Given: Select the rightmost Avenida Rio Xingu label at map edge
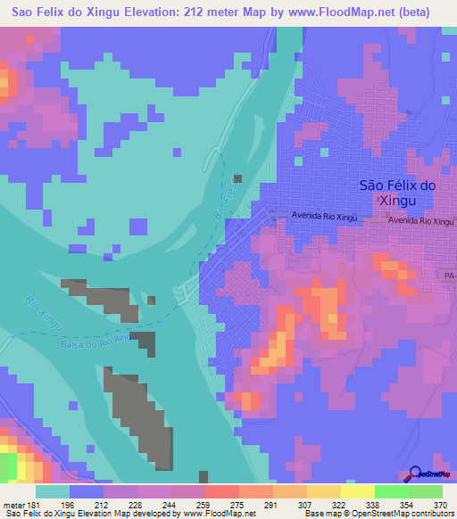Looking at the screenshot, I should click(422, 220).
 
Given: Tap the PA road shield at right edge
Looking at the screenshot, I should click(449, 277).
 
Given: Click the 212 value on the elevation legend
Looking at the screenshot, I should click(103, 505).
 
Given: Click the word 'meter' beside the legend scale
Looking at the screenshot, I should click(12, 505).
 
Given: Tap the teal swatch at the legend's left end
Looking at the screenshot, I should click(52, 491).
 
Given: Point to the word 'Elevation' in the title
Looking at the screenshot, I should click(158, 12).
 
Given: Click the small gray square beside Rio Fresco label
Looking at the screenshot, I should click(237, 178).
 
